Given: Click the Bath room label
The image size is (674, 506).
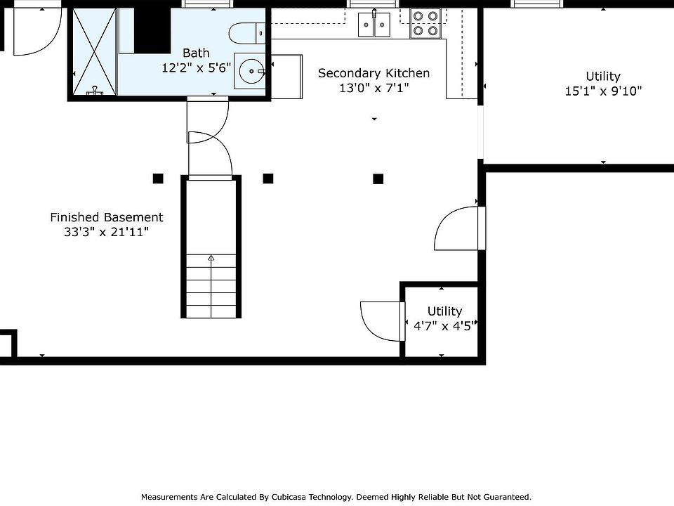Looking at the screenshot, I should (196, 53).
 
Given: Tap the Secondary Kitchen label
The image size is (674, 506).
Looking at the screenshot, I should (374, 73).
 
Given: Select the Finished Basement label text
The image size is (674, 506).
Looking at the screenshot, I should (107, 218).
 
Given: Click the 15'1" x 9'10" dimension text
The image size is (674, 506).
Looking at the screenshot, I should (603, 91).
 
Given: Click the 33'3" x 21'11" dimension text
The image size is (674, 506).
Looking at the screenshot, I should (107, 232).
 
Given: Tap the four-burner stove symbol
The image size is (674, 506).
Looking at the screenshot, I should (425, 22).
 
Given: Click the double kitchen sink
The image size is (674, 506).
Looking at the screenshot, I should (374, 25).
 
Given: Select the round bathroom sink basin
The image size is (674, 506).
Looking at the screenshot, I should (251, 71).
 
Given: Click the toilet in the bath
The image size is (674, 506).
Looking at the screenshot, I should (246, 32).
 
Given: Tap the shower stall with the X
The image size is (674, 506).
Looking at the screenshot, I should (94, 52).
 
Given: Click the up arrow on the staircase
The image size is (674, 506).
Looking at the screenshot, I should (211, 259).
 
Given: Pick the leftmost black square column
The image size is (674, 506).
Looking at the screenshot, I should (158, 179).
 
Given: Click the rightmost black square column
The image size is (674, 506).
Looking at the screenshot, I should (378, 179).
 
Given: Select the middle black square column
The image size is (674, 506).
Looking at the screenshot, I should (267, 179).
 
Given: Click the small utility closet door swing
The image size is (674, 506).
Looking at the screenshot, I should (381, 320).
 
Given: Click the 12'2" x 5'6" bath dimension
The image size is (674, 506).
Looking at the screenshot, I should (196, 67).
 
